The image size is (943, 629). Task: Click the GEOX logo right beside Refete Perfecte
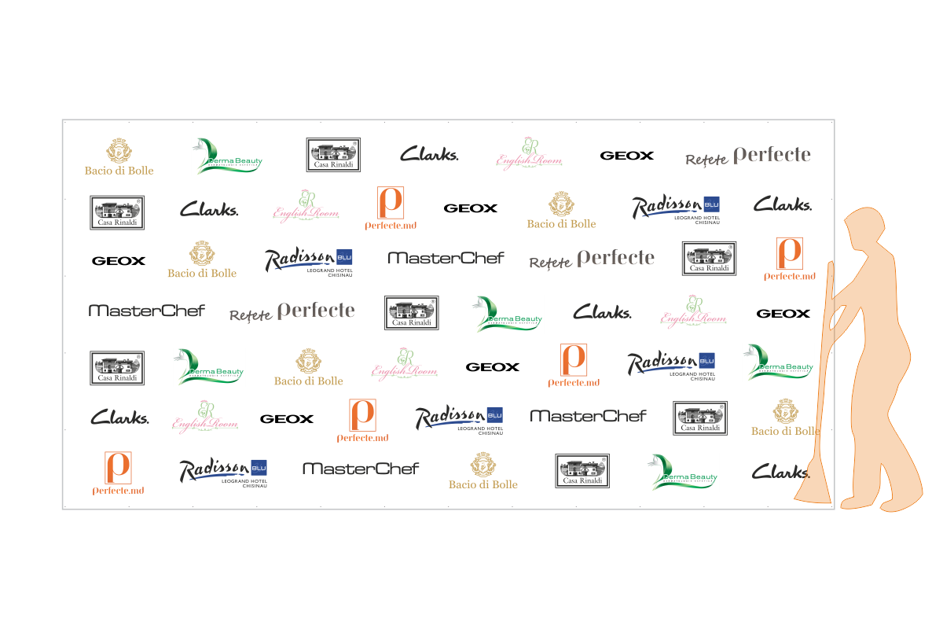click(x=626, y=156)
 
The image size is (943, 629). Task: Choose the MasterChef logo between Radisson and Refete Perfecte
click(x=446, y=258)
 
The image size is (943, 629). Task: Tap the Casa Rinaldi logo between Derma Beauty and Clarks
click(x=333, y=155)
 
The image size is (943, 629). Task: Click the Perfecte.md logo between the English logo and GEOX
click(x=390, y=208)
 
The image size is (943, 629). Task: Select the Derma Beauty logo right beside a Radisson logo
click(x=778, y=362)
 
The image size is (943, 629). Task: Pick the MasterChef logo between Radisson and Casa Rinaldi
click(x=588, y=416)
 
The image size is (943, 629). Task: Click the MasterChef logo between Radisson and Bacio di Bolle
click(x=361, y=469)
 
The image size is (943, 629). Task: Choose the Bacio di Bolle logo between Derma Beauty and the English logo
click(x=308, y=366)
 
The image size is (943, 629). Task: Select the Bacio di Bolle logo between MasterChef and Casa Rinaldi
click(x=483, y=470)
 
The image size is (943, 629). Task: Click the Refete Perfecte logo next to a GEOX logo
click(x=747, y=156)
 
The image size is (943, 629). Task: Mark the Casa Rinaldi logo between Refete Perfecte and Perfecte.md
click(x=708, y=258)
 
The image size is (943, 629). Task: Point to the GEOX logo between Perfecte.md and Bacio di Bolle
click(x=470, y=208)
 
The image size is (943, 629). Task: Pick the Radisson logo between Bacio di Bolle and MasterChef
click(x=307, y=259)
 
